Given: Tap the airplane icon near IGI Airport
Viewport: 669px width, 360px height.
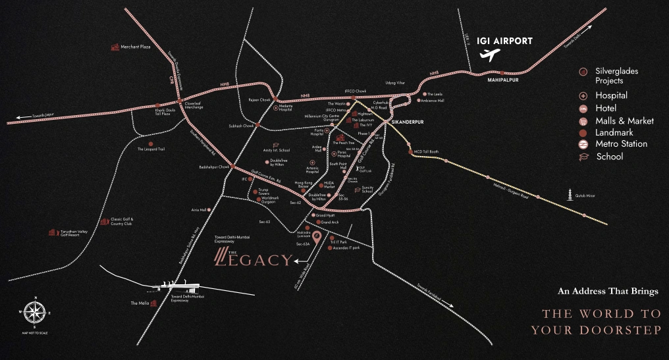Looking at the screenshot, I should (x=489, y=55).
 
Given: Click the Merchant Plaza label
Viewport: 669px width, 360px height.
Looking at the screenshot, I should (x=136, y=47).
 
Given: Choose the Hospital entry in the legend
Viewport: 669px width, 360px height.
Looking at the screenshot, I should (x=611, y=95).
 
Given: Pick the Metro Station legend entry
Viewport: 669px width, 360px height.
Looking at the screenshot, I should (x=621, y=143).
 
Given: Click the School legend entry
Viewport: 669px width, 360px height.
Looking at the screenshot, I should (x=609, y=157).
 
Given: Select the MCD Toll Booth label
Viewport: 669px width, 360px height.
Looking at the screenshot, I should (x=426, y=152).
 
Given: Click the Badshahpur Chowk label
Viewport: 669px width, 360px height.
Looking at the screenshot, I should (x=213, y=167).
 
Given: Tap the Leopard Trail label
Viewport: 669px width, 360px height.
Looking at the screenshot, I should (x=151, y=149).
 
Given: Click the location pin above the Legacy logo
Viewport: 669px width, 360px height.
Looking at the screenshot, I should (x=317, y=238).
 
